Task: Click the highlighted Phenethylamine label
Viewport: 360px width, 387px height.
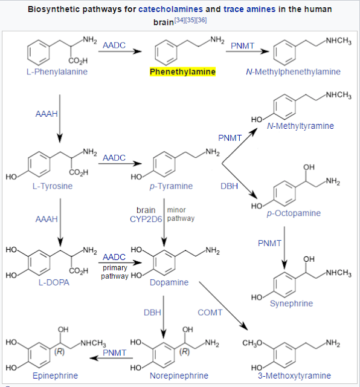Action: click(x=182, y=71)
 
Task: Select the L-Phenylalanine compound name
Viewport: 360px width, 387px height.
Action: click(x=57, y=71)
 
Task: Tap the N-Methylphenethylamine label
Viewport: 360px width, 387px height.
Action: click(x=293, y=71)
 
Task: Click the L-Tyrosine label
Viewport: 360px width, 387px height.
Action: click(x=53, y=186)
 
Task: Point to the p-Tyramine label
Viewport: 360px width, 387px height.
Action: click(x=171, y=186)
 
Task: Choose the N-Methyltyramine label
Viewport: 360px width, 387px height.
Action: click(x=300, y=126)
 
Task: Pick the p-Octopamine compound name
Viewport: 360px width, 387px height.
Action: click(x=294, y=213)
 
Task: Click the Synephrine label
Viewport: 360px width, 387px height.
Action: click(x=291, y=304)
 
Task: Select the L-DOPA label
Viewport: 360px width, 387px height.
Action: click(x=54, y=282)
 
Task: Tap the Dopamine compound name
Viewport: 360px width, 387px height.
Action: click(x=169, y=282)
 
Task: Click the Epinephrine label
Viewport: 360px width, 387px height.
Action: click(x=55, y=376)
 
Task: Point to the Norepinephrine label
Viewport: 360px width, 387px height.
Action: click(x=179, y=376)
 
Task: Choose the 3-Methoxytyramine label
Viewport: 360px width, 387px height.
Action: click(x=294, y=376)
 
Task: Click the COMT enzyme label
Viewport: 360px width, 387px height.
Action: click(x=210, y=313)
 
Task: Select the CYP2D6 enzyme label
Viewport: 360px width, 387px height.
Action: click(x=146, y=219)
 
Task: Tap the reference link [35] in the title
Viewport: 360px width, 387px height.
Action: click(x=191, y=20)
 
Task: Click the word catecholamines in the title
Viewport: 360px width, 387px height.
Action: click(x=170, y=9)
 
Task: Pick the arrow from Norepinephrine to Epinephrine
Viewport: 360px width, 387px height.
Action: click(x=111, y=358)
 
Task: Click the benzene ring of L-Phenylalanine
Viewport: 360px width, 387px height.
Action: click(x=39, y=53)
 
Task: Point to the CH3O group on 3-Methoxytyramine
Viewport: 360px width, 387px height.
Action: click(x=252, y=343)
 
